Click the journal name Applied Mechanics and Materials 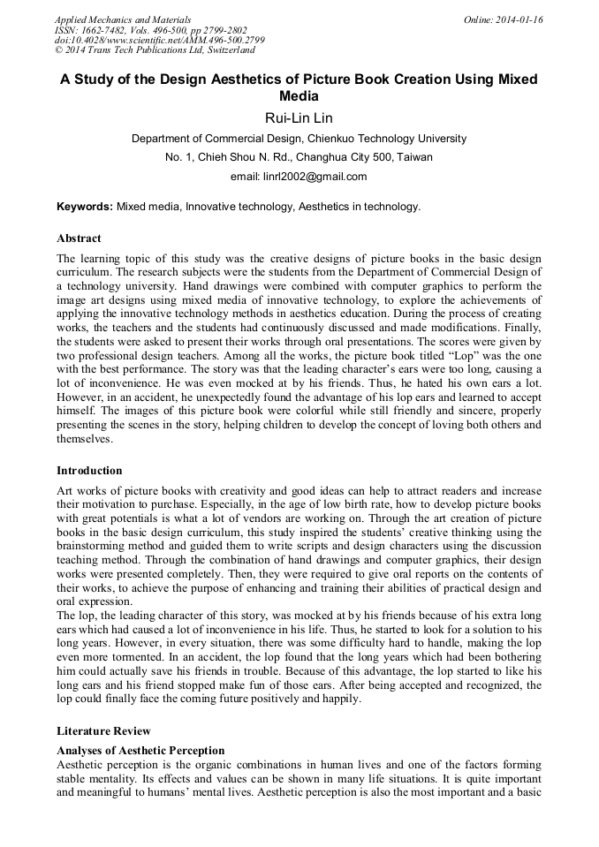[x=123, y=19]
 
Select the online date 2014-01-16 [x=504, y=19]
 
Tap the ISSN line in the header [x=151, y=30]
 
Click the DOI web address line [x=159, y=40]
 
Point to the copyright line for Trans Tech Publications [x=153, y=50]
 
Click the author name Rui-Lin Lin [x=299, y=117]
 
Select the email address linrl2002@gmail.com [x=299, y=176]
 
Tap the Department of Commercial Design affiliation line [x=299, y=139]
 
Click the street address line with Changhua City [x=299, y=157]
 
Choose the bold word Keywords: [x=85, y=207]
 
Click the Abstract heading [x=79, y=238]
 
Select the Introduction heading [x=89, y=470]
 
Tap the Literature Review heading [x=103, y=731]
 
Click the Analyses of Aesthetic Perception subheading [x=140, y=751]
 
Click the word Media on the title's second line [x=299, y=96]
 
